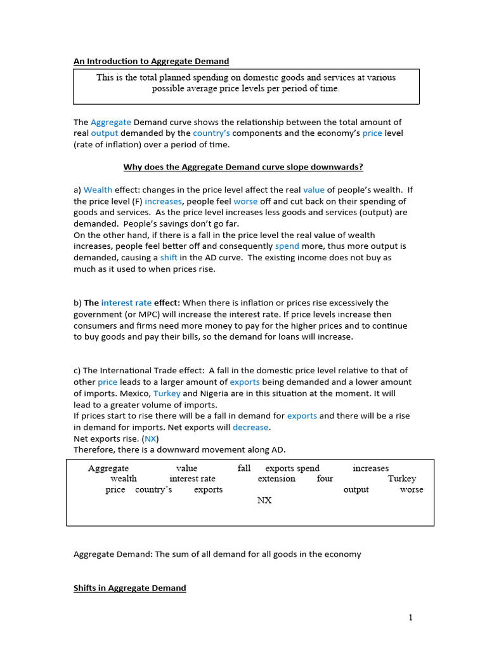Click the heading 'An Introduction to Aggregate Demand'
[151, 61]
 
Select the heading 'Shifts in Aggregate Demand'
[129, 588]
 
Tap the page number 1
[410, 618]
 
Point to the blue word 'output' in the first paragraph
[104, 133]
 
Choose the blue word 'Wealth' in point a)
[98, 189]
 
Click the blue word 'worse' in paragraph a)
[245, 201]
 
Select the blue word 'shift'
[169, 258]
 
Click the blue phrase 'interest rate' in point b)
[126, 303]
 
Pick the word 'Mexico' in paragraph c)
[135, 394]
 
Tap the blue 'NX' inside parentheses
[150, 439]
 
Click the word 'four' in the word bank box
[325, 479]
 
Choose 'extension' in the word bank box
[276, 479]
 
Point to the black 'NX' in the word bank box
[264, 500]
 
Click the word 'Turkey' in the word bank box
[402, 479]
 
